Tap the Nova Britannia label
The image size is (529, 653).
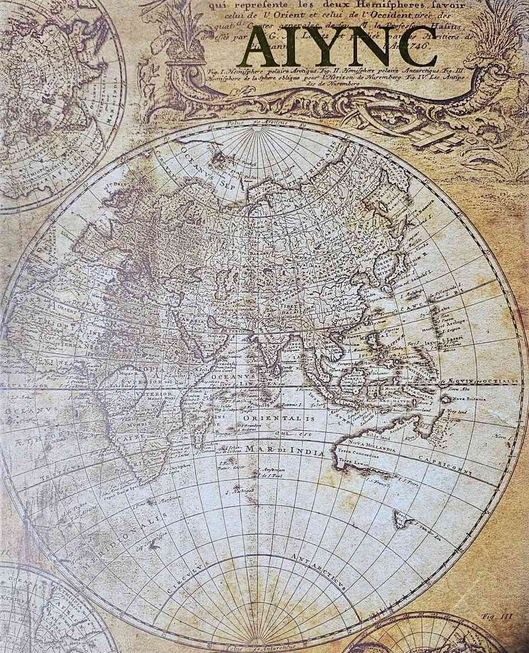tap(469, 398)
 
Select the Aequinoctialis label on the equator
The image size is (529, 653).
tap(485, 380)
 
